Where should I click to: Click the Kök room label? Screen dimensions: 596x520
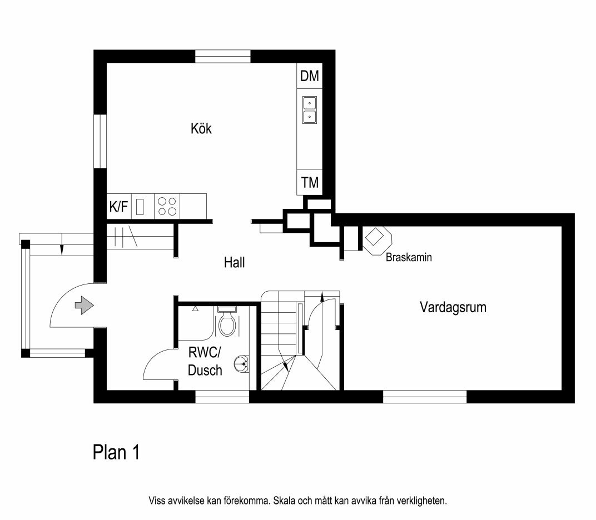coord(201,128)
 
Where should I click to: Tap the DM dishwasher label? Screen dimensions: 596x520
coord(310,76)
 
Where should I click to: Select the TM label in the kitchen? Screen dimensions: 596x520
coord(310,183)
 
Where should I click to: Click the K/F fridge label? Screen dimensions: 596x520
coord(118,207)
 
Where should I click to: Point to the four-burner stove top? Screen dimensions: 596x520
coord(167,206)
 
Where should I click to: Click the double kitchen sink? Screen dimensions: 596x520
coord(310,110)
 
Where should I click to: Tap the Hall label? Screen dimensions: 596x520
coord(234,262)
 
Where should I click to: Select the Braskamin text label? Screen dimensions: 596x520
coord(409,257)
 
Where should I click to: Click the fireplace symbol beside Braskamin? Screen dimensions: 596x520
coord(377,240)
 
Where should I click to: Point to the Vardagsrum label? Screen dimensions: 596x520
coord(453,307)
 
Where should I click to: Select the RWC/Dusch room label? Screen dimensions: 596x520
coord(205,361)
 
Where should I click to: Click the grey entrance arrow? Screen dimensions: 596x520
coord(85,305)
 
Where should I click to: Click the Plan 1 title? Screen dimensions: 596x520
coord(116,452)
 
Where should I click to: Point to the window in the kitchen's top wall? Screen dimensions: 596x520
coord(223,56)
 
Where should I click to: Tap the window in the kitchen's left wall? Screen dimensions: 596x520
coord(100,141)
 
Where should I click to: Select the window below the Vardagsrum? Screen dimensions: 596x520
coord(425,397)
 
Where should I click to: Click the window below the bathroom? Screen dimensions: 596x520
coord(222,397)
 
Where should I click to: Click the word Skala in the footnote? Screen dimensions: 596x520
coord(284,501)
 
